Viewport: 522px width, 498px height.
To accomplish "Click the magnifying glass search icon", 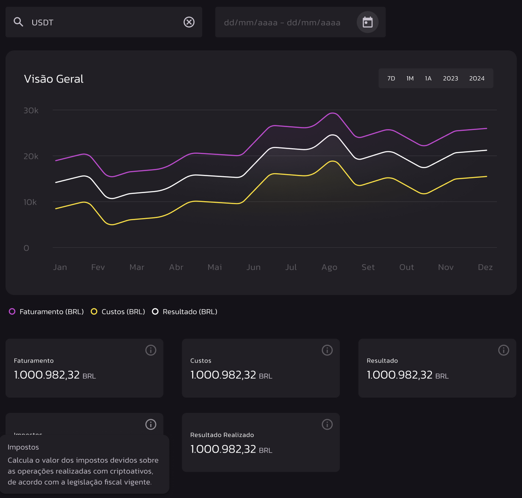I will pyautogui.click(x=18, y=22).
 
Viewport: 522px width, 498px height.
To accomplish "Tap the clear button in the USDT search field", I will pyautogui.click(x=189, y=22).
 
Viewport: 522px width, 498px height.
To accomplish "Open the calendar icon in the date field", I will pyautogui.click(x=367, y=22).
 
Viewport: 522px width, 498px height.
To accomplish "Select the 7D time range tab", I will pyautogui.click(x=391, y=78).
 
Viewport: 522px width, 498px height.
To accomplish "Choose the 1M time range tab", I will pyautogui.click(x=410, y=78).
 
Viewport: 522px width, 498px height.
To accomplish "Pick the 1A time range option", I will pyautogui.click(x=428, y=78).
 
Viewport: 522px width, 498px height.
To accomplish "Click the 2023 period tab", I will pyautogui.click(x=450, y=78).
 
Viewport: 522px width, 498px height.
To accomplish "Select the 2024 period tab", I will pyautogui.click(x=477, y=78).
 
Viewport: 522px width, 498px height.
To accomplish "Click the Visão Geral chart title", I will pyautogui.click(x=54, y=79).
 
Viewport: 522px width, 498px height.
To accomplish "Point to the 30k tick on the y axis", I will pyautogui.click(x=31, y=111).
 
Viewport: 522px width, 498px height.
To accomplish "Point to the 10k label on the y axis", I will pyautogui.click(x=30, y=202).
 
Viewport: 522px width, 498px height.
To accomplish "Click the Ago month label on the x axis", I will pyautogui.click(x=329, y=267).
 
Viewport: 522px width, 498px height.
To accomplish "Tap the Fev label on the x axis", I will pyautogui.click(x=98, y=267).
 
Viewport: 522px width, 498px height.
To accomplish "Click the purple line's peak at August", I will pyautogui.click(x=333, y=113).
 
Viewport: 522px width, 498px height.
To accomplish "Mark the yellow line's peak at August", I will pyautogui.click(x=333, y=161).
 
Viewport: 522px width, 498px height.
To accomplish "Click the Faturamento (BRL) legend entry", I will pyautogui.click(x=47, y=312).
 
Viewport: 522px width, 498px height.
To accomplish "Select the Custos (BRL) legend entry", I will pyautogui.click(x=118, y=312).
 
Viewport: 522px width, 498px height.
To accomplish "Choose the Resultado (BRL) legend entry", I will pyautogui.click(x=185, y=312).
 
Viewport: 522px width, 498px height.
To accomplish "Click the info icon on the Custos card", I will pyautogui.click(x=327, y=350).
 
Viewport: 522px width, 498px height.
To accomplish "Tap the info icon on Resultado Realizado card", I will pyautogui.click(x=327, y=424).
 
